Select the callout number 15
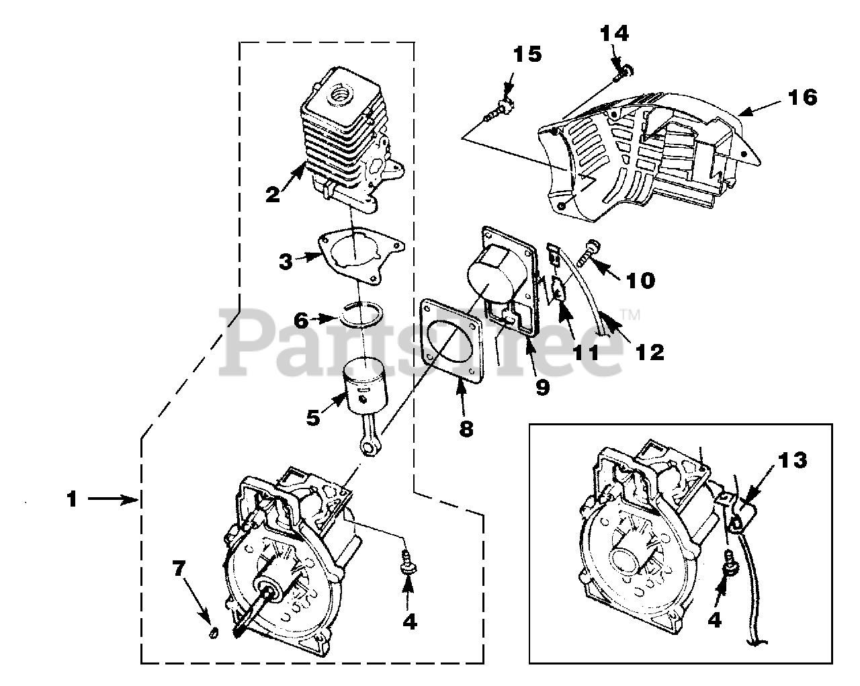[x=527, y=54]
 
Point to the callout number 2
[x=272, y=195]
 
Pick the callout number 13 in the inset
[x=793, y=460]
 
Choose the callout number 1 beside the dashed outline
[x=72, y=499]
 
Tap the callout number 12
[x=650, y=350]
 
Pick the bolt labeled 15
[x=503, y=107]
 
